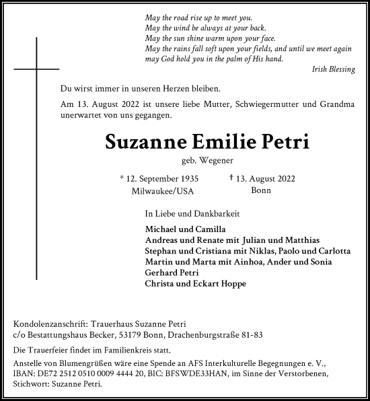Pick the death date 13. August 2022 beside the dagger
pos(266,178)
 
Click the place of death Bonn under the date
pos(261,191)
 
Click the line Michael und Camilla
pos(176,229)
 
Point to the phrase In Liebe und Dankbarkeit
pos(183,213)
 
